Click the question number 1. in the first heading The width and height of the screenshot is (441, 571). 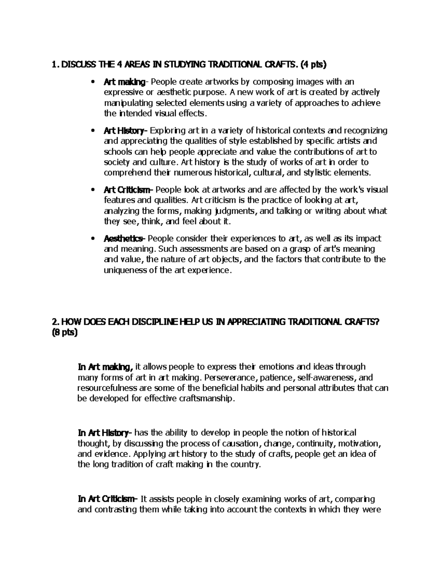(55, 65)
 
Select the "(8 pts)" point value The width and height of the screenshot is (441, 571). (65, 333)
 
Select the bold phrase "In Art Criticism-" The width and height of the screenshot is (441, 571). (107, 499)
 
